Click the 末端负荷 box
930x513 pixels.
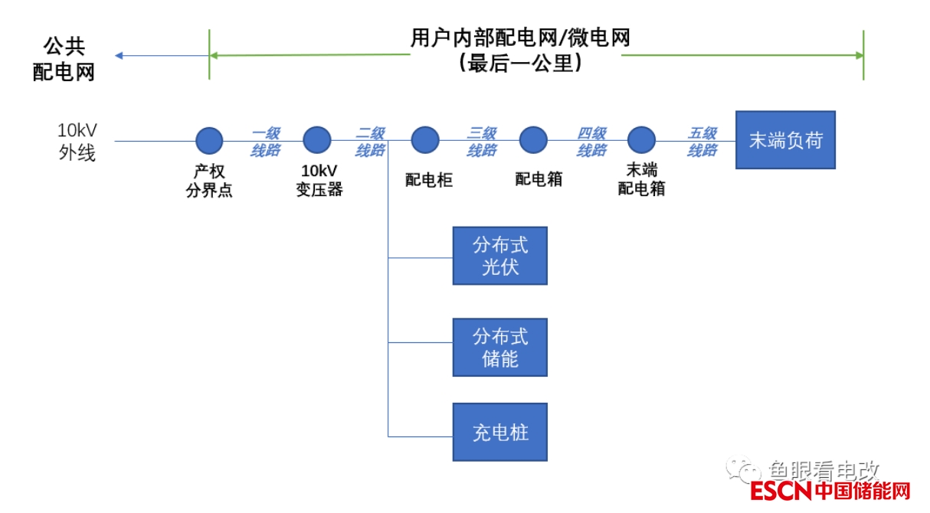(785, 140)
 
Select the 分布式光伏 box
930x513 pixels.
(499, 256)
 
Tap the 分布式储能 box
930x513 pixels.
(499, 347)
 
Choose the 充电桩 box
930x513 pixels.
(499, 432)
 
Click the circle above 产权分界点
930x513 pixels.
(209, 141)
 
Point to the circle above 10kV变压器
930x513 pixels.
(317, 140)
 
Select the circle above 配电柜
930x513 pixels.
(425, 140)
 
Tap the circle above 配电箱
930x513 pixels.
(534, 140)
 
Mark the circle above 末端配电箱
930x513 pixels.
(642, 140)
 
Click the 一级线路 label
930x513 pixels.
(265, 142)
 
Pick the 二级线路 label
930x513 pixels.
(370, 142)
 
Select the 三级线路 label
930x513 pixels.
(482, 142)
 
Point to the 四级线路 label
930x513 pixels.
(591, 142)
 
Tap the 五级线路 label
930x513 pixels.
(702, 142)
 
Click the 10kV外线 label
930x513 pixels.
(77, 141)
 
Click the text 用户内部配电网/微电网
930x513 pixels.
(520, 38)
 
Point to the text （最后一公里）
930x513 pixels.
(520, 63)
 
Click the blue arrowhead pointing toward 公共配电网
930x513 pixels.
(120, 55)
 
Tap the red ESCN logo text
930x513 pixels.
(781, 491)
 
